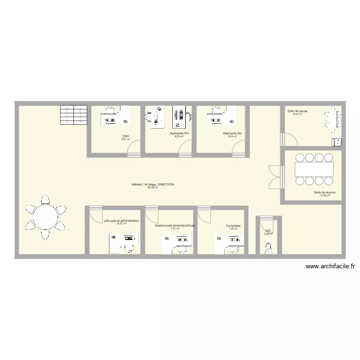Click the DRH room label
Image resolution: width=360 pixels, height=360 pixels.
pyautogui.click(x=125, y=136)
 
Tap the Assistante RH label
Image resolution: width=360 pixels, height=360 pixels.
pyautogui.click(x=179, y=133)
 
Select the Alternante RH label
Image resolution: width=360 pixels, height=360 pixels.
pyautogui.click(x=232, y=133)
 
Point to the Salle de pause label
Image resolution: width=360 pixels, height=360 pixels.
pyautogui.click(x=298, y=111)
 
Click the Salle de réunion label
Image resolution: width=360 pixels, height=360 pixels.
pyautogui.click(x=325, y=192)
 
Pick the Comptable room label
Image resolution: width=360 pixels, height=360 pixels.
pyautogui.click(x=233, y=226)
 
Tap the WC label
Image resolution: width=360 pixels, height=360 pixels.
pyautogui.click(x=268, y=231)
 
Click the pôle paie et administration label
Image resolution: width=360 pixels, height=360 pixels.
pyautogui.click(x=121, y=221)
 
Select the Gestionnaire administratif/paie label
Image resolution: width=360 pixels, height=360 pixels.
pyautogui.click(x=175, y=225)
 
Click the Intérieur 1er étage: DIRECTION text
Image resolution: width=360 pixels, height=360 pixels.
pyautogui.click(x=153, y=184)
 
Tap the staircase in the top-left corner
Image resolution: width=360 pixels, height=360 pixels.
pyautogui.click(x=73, y=114)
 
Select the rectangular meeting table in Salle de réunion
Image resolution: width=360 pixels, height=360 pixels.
pyautogui.click(x=314, y=169)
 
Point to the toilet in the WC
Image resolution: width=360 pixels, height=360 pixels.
pyautogui.click(x=268, y=247)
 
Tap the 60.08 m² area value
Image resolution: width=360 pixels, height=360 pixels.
pyautogui.click(x=153, y=188)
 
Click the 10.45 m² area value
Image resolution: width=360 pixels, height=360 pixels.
pyautogui.click(x=325, y=195)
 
